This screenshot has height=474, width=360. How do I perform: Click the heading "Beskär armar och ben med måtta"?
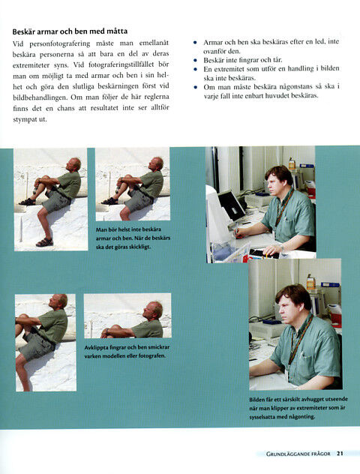[x=70, y=31]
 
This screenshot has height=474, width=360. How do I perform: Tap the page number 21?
[x=340, y=453]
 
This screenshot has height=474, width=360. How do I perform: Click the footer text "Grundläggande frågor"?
[x=298, y=454]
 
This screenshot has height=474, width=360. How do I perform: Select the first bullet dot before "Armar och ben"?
[x=195, y=43]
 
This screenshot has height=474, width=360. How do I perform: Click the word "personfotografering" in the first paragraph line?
[x=59, y=43]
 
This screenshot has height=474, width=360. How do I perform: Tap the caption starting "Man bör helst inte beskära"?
[x=133, y=238]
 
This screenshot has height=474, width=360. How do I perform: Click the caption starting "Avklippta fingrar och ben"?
[x=127, y=352]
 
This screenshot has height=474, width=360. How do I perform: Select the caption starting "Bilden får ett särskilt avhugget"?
[x=298, y=408]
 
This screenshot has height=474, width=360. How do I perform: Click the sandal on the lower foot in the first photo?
[x=44, y=242]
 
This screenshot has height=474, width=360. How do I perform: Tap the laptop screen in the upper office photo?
[x=231, y=205]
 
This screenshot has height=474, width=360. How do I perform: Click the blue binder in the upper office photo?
[x=307, y=166]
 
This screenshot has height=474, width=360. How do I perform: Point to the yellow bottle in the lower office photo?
[x=310, y=282]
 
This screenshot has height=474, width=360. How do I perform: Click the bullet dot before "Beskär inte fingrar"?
[x=195, y=61]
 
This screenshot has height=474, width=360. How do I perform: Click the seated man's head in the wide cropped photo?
[x=154, y=310]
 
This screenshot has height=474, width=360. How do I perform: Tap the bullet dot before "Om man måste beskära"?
[x=195, y=88]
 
